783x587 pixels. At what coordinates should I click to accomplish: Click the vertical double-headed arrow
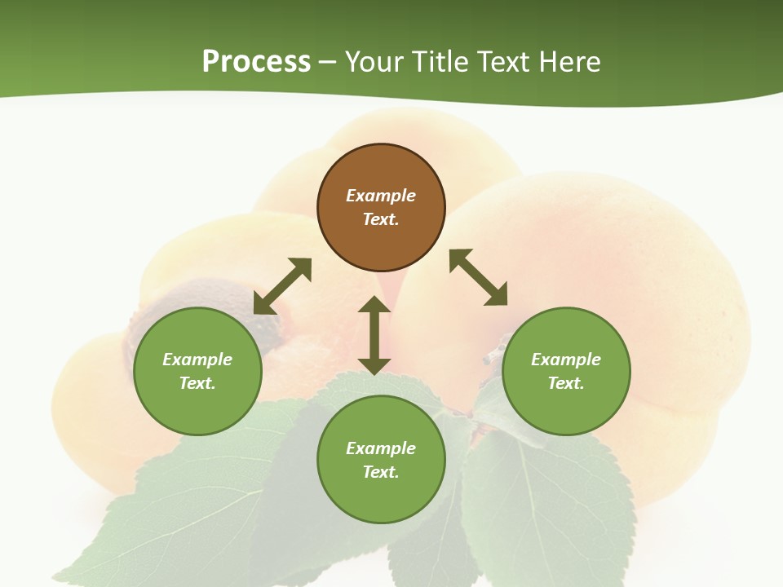coord(374,335)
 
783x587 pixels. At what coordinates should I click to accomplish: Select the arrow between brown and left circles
coord(282,286)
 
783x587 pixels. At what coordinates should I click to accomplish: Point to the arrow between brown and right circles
coord(478,277)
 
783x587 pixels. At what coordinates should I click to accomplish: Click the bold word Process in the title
coord(256,62)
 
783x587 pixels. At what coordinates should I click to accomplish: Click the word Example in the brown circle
coord(381,196)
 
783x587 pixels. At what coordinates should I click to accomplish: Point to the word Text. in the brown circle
coord(381,219)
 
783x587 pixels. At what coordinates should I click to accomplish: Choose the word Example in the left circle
coord(197,360)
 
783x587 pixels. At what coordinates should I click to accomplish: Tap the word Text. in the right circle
coord(566,383)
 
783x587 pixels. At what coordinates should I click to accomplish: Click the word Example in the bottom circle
coord(381,448)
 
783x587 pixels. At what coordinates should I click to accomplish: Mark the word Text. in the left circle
coord(197,383)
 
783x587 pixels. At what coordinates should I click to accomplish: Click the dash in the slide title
coord(328,62)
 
